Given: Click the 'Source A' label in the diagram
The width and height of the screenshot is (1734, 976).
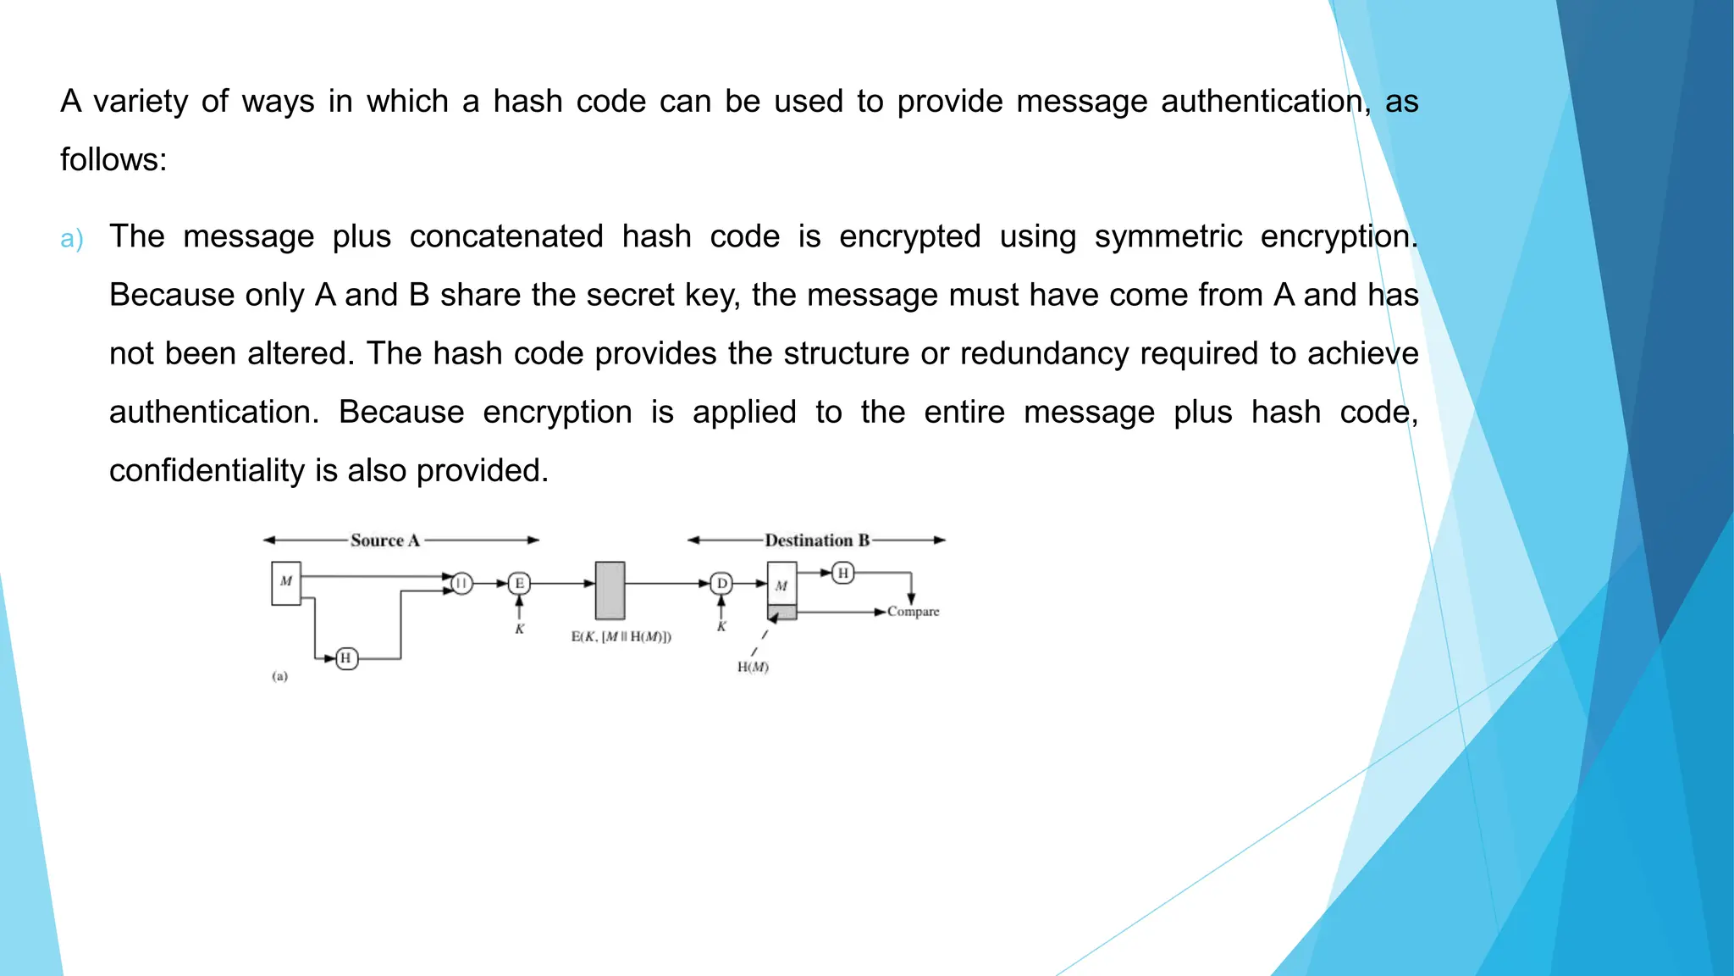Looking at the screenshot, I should tap(385, 541).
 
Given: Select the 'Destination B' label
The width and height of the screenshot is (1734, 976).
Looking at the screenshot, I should tap(817, 541).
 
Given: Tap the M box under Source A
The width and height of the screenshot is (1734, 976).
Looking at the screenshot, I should tap(286, 583).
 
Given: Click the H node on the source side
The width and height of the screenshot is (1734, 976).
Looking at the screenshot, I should tap(346, 658).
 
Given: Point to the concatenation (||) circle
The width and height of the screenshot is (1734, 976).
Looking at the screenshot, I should tap(461, 583).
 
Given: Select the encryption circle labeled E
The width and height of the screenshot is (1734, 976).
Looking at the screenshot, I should tap(519, 583).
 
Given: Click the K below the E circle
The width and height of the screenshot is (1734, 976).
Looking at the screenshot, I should tap(519, 629).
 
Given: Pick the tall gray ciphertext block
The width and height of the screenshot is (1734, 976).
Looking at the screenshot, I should tap(610, 591).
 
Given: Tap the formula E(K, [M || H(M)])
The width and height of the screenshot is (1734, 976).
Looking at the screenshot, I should tap(621, 637).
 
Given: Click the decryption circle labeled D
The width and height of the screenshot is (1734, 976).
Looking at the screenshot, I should tap(721, 583).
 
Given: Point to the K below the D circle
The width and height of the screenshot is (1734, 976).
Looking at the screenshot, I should tap(721, 627).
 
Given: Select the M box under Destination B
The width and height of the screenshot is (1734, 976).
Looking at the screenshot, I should tap(781, 584).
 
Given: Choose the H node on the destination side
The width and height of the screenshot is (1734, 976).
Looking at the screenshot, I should tap(842, 574).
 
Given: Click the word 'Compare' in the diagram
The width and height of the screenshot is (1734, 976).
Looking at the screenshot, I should tap(913, 612).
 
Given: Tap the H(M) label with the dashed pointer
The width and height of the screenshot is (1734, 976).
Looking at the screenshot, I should tap(753, 668).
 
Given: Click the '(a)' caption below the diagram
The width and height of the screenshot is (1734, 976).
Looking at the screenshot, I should tap(279, 676).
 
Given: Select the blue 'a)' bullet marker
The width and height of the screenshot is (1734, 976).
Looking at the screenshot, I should tap(72, 239).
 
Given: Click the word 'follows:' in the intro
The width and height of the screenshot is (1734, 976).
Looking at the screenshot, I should tap(113, 159).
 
